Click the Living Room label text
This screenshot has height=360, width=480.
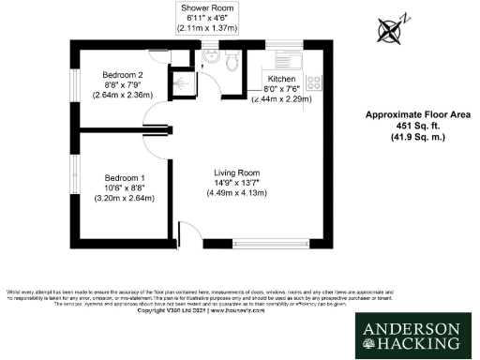[236, 172]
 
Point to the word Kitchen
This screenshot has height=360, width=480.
[282, 79]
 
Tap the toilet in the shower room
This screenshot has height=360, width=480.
[208, 58]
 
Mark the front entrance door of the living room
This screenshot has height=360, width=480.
[187, 235]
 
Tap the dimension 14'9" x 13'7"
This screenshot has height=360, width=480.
[236, 183]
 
